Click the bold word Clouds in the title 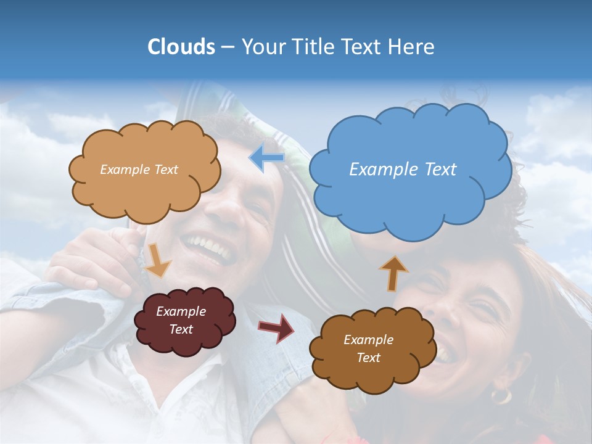point(181,47)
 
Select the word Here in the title point(413,47)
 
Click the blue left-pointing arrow point(266,158)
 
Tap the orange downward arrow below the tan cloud point(158,260)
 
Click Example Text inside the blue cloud point(403,170)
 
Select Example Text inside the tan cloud point(139,170)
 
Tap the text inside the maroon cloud point(181,321)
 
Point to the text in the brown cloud point(368,348)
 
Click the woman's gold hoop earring point(501,395)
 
